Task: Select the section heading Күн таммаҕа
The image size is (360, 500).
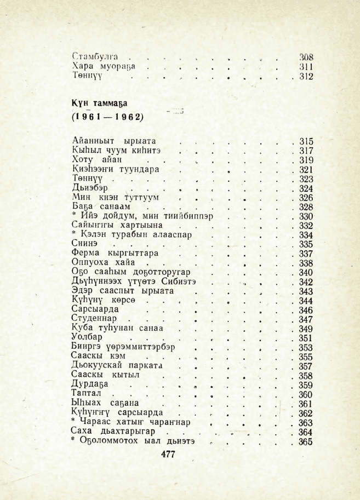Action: [99, 103]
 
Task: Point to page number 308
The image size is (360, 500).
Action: [305, 56]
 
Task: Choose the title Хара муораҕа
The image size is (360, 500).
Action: [104, 66]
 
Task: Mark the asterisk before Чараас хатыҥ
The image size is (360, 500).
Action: [74, 422]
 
